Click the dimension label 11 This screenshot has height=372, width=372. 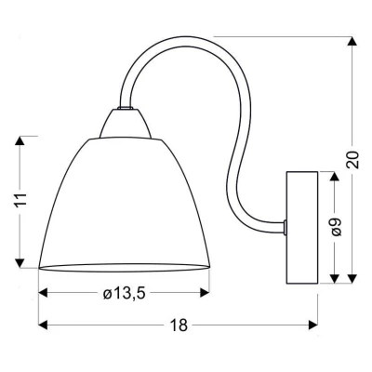(21, 200)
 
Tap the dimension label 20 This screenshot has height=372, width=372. (352, 160)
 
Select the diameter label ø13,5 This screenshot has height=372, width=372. (125, 293)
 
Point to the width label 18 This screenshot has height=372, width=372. (179, 325)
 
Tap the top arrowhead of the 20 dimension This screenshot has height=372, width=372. (352, 42)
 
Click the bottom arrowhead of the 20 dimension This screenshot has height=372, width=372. (352, 278)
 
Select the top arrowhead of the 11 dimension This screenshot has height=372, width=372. (20, 141)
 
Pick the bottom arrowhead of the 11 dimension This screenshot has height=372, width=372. (20, 262)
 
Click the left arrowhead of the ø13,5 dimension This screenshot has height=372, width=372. (43, 293)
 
